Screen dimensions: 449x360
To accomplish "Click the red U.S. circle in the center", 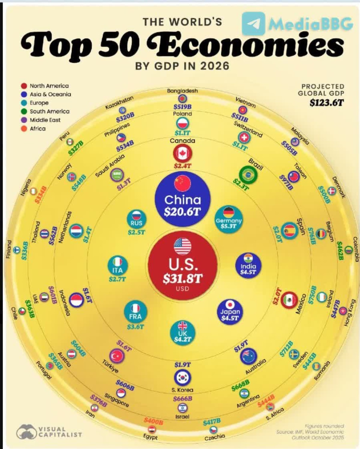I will (182, 265).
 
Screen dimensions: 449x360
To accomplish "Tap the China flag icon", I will (182, 183).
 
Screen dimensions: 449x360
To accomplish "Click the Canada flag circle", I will (182, 154).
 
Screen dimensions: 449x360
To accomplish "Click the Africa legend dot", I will (24, 129).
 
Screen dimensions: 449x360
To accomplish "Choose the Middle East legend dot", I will (24, 120).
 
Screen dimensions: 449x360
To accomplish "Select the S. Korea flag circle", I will (182, 377).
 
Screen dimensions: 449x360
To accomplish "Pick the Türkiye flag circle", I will (117, 356).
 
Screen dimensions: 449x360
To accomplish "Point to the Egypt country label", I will (150, 437).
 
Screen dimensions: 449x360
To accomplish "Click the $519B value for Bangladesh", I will (182, 107).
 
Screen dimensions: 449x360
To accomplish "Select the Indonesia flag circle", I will (76, 300).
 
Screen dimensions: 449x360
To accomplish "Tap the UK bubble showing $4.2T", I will (182, 333).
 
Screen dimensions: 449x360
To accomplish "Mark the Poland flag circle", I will (182, 123).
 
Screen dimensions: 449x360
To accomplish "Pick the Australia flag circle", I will (248, 356).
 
